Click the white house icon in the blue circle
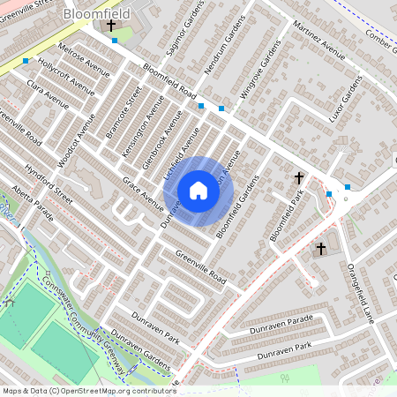pyautogui.click(x=198, y=191)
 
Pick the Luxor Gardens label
pyautogui.click(x=352, y=98)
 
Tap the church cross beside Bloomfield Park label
pyautogui.click(x=298, y=178)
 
